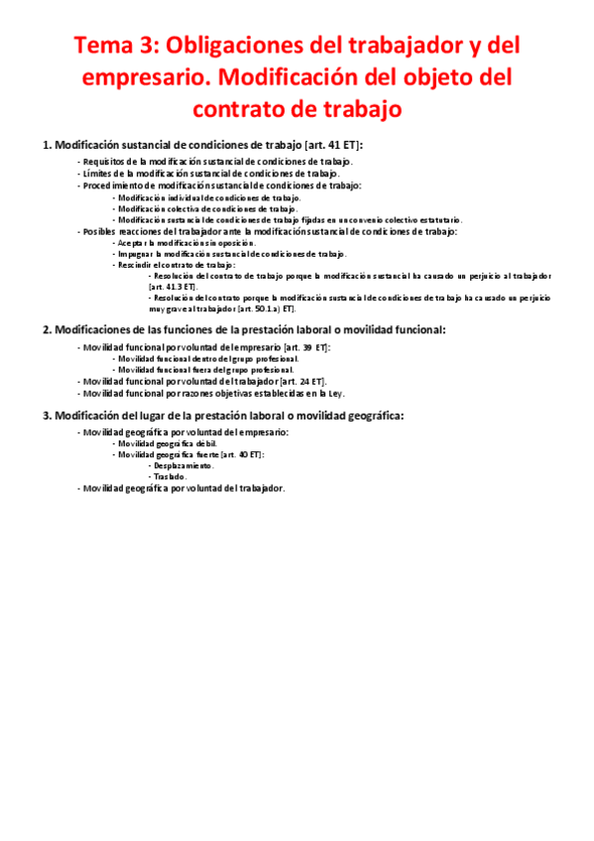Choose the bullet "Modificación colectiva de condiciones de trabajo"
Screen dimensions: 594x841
[206, 208]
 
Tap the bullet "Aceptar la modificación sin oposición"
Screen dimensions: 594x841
[184, 243]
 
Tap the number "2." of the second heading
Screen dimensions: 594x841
[47, 330]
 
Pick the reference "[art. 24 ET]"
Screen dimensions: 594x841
[302, 380]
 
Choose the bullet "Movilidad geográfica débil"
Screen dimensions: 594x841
[166, 443]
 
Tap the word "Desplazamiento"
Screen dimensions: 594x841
[181, 465]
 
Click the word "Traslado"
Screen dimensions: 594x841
[169, 476]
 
